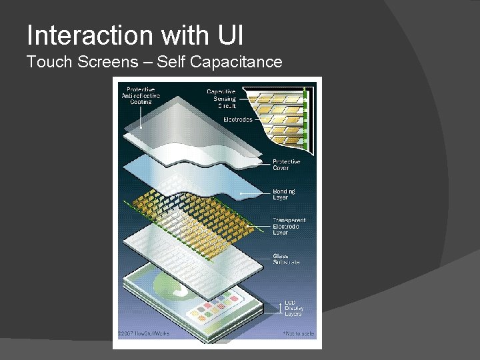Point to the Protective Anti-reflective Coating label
coord(140,95)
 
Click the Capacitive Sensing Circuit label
coord(221,99)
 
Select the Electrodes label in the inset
coord(237,120)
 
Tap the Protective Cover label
coord(286,165)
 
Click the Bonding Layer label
coord(284,194)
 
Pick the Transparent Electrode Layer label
coord(289,227)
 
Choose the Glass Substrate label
coord(286,259)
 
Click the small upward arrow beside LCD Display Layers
coord(279,307)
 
